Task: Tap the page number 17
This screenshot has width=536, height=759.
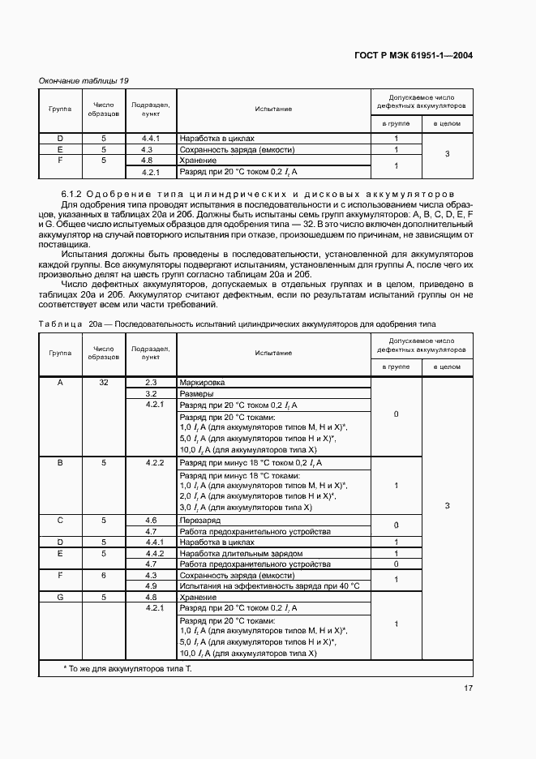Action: [x=469, y=688]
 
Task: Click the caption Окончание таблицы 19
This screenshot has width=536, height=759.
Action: [x=84, y=80]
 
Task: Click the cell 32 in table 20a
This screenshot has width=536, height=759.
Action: [x=104, y=382]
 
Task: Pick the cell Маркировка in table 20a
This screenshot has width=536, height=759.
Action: [x=202, y=382]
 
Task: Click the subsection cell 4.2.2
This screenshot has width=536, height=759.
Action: [x=150, y=462]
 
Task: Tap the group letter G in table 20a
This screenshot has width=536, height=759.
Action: [x=60, y=597]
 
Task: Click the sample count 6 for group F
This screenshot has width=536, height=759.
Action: [x=104, y=574]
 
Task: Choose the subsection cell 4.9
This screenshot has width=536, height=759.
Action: [x=150, y=585]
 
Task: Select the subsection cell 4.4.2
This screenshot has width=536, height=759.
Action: [x=150, y=553]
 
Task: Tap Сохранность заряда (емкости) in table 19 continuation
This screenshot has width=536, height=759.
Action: [x=237, y=149]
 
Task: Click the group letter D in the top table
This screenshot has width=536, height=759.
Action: [x=60, y=139]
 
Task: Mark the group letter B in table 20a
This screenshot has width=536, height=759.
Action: [x=60, y=462]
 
